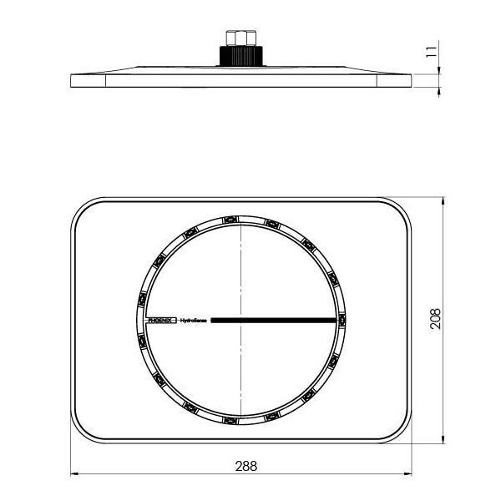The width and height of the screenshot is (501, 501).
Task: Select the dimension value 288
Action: click(241, 465)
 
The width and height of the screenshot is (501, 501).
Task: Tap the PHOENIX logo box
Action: click(162, 320)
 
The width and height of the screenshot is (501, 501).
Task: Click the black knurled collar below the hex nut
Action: click(240, 56)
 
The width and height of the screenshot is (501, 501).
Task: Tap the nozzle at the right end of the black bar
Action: click(342, 320)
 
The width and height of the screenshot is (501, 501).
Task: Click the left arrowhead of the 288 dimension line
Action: click(73, 474)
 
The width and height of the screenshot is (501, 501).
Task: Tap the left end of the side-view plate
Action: click(72, 80)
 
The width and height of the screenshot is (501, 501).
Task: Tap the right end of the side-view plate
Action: click(412, 80)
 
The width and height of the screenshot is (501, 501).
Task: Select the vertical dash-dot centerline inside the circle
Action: click(240, 267)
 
